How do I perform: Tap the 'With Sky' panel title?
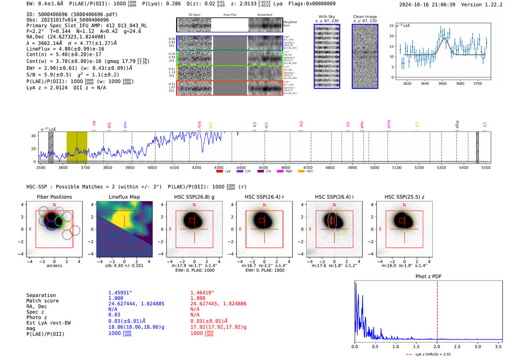point(327,17)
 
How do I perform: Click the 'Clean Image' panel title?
point(365,17)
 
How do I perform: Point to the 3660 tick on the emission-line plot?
point(442,83)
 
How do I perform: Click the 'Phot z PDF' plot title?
point(428,276)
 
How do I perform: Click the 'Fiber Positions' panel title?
point(54,197)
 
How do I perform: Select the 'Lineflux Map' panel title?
point(124,197)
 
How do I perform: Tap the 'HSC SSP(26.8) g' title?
point(194,197)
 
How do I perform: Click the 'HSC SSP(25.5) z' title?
point(404,197)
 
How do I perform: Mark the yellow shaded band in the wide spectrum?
point(77,147)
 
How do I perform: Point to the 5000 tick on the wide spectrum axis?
point(374,167)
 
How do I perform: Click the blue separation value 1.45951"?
point(120,293)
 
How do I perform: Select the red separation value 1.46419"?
point(202,293)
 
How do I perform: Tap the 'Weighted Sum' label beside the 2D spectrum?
point(289,24)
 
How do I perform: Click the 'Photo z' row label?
point(37,317)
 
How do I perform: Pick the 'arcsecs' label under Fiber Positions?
point(54,266)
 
